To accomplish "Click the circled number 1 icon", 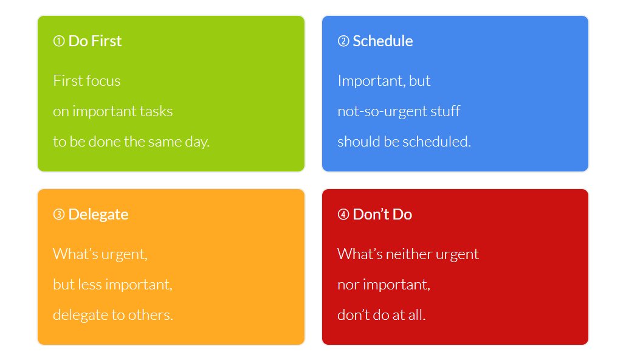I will click(59, 41).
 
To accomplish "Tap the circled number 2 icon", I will click(343, 41).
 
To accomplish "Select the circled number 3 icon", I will click(59, 215).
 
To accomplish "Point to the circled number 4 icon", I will click(343, 215).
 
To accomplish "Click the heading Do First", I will click(95, 41).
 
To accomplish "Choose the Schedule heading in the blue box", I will click(382, 41).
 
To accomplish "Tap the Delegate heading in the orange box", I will click(98, 215).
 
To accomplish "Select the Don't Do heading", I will click(382, 215).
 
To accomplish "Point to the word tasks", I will click(157, 112).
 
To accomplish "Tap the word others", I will click(155, 316).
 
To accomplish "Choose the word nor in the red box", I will click(347, 285).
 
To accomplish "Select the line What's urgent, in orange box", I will click(100, 254).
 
